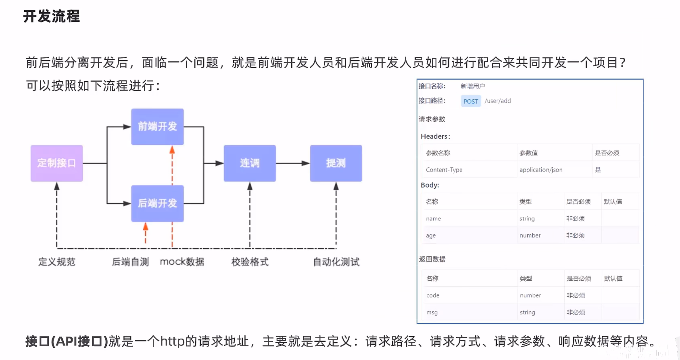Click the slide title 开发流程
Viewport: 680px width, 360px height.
coord(51,16)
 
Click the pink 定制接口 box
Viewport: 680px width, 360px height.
coord(57,163)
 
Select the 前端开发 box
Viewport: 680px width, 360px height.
coord(157,127)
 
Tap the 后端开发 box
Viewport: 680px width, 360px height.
coord(157,203)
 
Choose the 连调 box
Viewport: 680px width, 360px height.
coord(250,163)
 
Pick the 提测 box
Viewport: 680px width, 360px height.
coord(336,163)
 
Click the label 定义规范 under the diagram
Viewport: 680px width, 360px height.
coord(57,262)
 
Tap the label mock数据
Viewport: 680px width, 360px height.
coord(182,262)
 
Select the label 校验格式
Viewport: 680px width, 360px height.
coord(250,262)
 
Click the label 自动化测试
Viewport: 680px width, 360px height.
coord(336,262)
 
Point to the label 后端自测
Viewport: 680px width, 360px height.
coord(130,262)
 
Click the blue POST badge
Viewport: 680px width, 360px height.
coord(471,101)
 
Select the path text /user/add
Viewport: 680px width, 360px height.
coord(497,101)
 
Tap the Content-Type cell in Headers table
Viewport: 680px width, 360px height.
coord(444,170)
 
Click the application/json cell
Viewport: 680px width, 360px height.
coord(541,170)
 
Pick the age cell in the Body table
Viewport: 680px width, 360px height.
coord(431,235)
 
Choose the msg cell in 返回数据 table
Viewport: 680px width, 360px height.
coord(432,312)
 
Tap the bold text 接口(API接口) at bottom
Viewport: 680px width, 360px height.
coord(67,341)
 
